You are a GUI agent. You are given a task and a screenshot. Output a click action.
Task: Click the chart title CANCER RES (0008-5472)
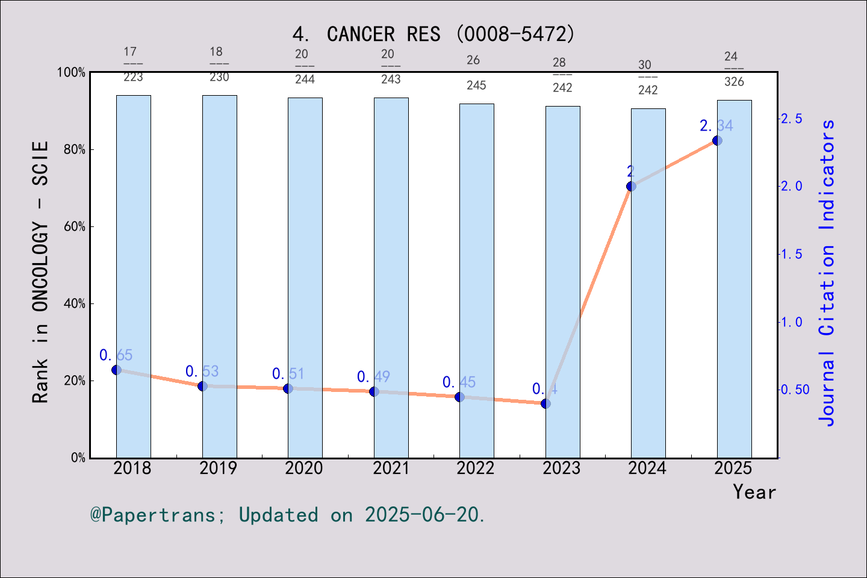coord(433,34)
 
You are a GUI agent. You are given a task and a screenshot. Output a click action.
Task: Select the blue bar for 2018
coord(134,277)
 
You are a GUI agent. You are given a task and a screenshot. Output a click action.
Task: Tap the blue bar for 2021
coord(391,277)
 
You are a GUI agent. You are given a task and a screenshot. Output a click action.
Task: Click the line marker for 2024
coord(631,186)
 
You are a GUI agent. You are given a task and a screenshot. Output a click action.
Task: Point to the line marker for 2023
coord(545,403)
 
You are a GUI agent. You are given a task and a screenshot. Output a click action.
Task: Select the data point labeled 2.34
coord(717,140)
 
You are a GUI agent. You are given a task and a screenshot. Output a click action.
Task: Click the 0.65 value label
coord(116,355)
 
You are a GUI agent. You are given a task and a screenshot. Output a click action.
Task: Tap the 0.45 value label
coord(459,382)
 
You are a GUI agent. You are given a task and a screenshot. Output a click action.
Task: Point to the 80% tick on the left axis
coord(75,149)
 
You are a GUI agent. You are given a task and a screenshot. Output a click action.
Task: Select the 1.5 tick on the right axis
coord(791,254)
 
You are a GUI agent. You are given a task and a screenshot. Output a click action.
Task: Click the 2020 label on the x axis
coord(304,468)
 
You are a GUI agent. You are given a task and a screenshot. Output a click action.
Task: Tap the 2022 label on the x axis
coord(476,468)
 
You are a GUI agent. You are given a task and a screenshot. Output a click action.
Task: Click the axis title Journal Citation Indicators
coord(827,272)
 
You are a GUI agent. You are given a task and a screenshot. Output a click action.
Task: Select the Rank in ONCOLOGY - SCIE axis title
coord(40,272)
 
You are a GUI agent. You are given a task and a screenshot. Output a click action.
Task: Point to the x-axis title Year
coord(754,492)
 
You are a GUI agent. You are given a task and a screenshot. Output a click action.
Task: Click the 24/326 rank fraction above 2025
coord(733,69)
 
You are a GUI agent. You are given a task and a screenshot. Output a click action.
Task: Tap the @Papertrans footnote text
coord(288,515)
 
